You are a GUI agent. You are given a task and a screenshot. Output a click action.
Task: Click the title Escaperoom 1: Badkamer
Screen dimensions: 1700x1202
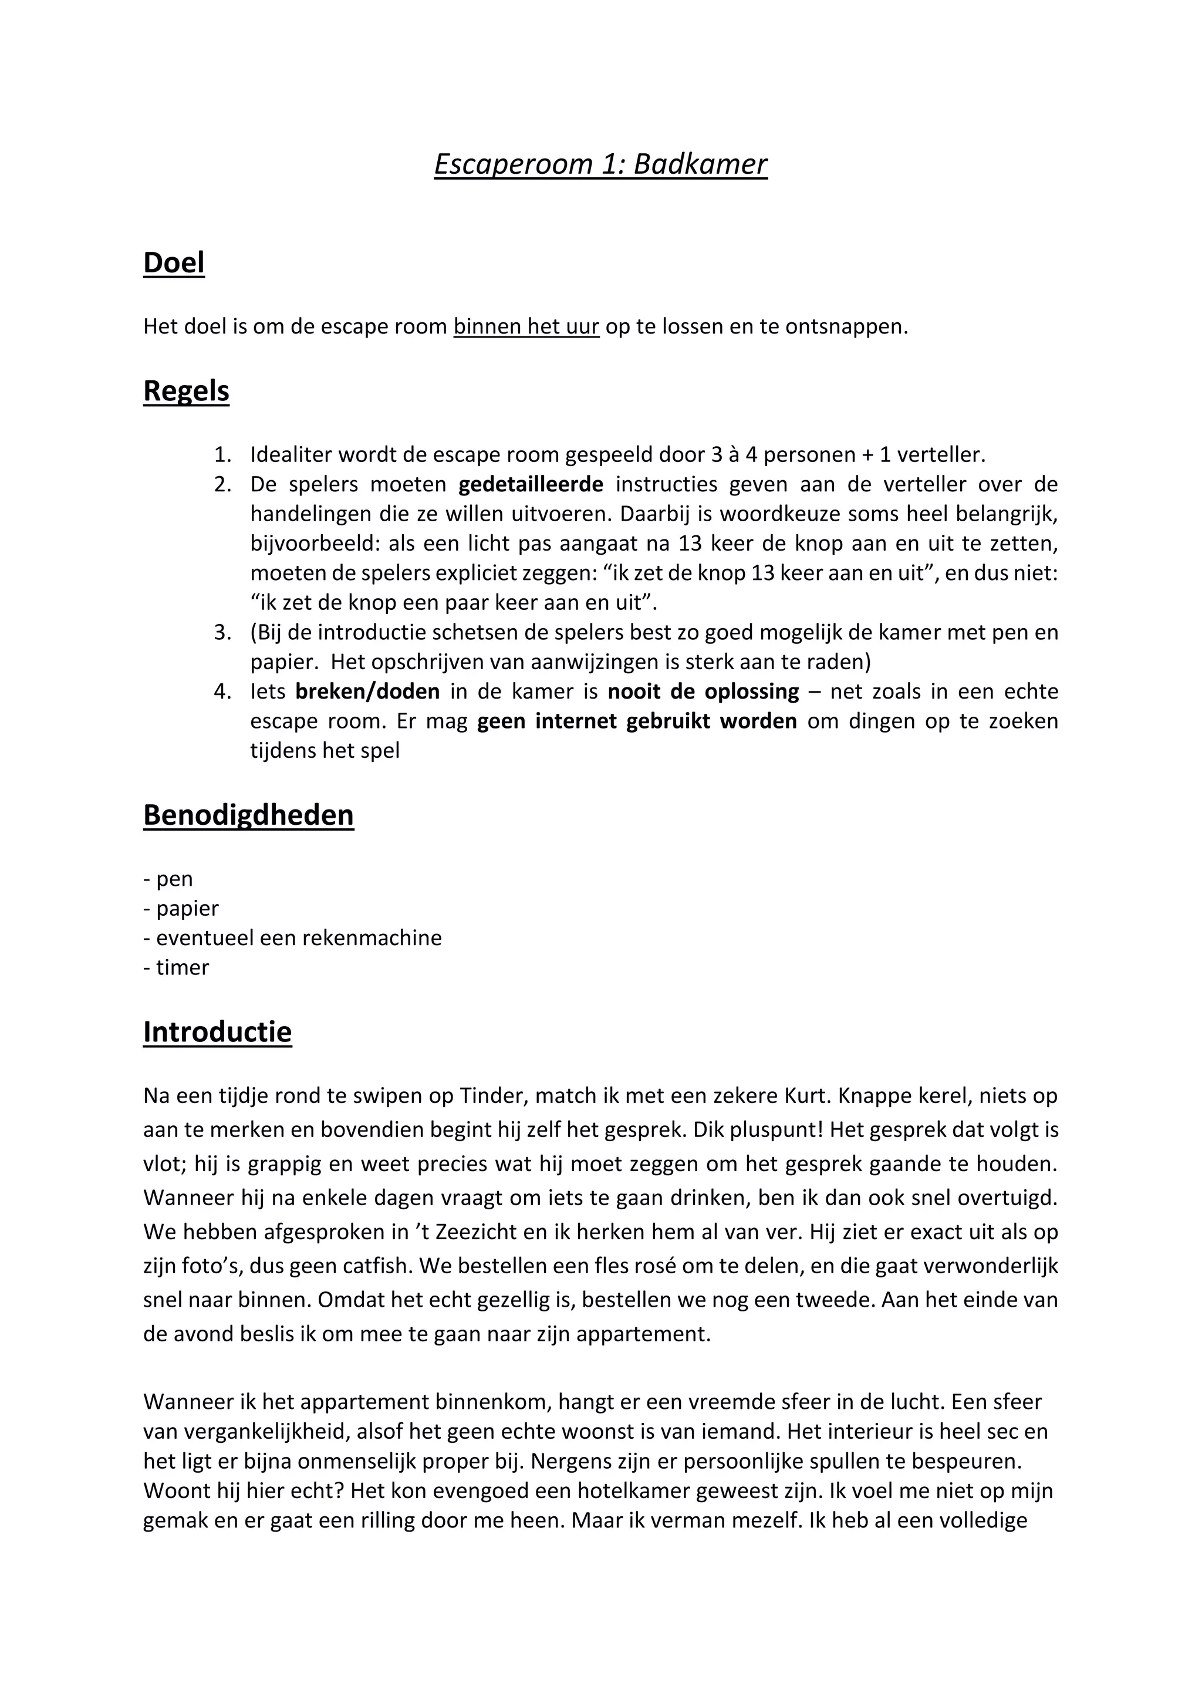tap(600, 164)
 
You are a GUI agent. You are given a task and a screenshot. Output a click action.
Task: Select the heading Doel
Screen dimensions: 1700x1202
tap(173, 263)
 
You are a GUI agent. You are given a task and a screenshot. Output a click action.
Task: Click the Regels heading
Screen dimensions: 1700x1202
tap(186, 391)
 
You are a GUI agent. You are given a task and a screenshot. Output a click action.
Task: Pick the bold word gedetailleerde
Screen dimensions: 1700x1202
tap(531, 484)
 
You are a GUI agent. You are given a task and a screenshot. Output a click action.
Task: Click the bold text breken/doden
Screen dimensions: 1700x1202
tap(367, 692)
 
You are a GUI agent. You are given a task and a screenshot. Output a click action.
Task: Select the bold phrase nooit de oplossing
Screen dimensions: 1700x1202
tap(703, 692)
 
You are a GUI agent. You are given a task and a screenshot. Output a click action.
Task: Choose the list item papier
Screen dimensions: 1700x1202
tap(187, 909)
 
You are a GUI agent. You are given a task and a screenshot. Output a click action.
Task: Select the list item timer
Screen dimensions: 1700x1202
tap(182, 968)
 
